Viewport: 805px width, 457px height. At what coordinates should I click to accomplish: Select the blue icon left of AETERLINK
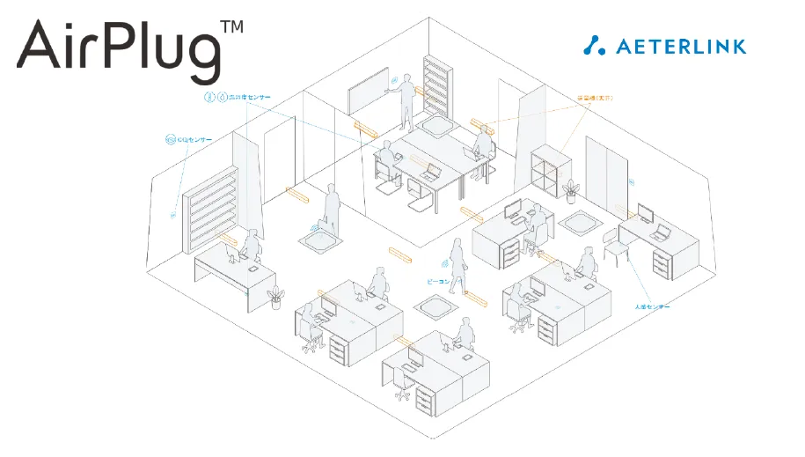point(596,45)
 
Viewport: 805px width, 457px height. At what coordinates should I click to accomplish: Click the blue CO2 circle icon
point(170,139)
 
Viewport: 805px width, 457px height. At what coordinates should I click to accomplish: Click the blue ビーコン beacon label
point(437,282)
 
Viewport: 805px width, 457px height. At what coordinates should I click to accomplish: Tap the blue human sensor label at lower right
point(653,306)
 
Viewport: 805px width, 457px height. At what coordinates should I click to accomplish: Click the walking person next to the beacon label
point(457,262)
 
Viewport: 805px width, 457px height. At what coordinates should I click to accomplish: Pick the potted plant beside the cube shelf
point(573,192)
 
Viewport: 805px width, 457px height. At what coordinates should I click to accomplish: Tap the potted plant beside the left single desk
point(275,297)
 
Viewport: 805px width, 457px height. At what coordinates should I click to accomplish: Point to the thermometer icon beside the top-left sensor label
point(209,96)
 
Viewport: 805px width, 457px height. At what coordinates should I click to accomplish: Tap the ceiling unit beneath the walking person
point(436,309)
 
